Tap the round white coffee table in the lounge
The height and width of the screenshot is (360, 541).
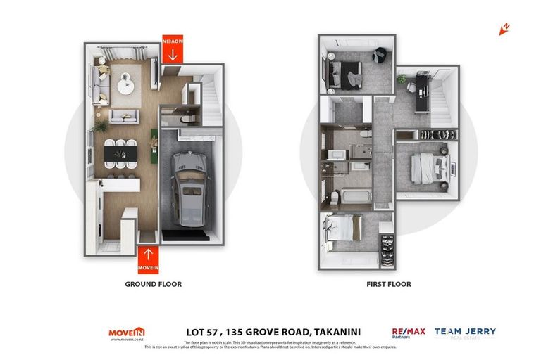point(125,84)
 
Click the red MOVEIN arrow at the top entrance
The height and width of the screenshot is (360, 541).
point(173,49)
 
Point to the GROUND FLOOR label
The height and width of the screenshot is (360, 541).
point(153,285)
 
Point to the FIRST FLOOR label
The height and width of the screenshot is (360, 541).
point(388,285)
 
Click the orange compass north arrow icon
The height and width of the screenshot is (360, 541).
point(504,29)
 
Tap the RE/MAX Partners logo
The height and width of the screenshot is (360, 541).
point(409,333)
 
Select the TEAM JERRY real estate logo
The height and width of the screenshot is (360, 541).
point(465,333)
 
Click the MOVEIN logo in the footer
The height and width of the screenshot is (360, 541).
point(127,333)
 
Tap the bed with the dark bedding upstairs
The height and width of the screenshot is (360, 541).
point(343,70)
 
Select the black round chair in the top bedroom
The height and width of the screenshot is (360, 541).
point(380,54)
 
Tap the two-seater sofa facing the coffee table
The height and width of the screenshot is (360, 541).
point(124,116)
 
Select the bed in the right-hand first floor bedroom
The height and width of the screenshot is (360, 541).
point(430,169)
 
